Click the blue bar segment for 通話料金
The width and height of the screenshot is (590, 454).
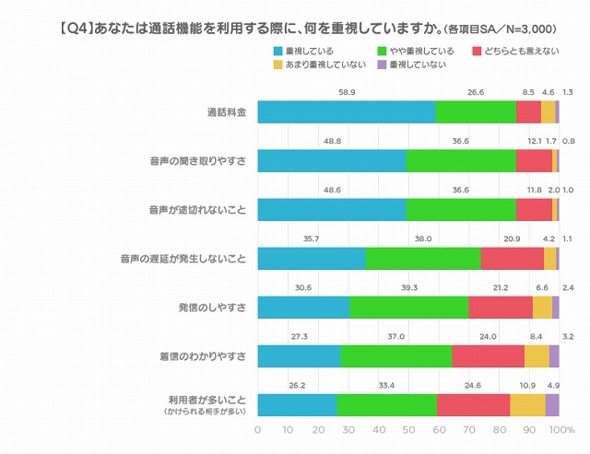click(346, 111)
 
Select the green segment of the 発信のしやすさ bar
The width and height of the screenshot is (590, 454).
click(408, 307)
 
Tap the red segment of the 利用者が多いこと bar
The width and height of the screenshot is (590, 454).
click(473, 404)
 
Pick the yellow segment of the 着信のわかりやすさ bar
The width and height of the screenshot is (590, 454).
click(537, 355)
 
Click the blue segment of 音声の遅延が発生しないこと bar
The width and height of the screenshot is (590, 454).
click(311, 258)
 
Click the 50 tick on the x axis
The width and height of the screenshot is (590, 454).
click(408, 430)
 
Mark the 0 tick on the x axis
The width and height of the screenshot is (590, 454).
click(257, 430)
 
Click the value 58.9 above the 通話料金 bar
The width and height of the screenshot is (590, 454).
click(347, 92)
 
